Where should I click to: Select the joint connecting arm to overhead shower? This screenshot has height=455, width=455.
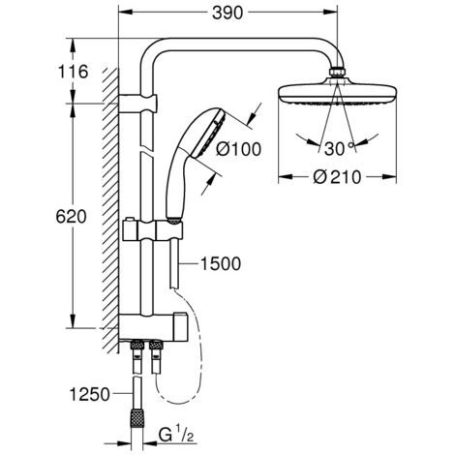pos(338,73)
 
